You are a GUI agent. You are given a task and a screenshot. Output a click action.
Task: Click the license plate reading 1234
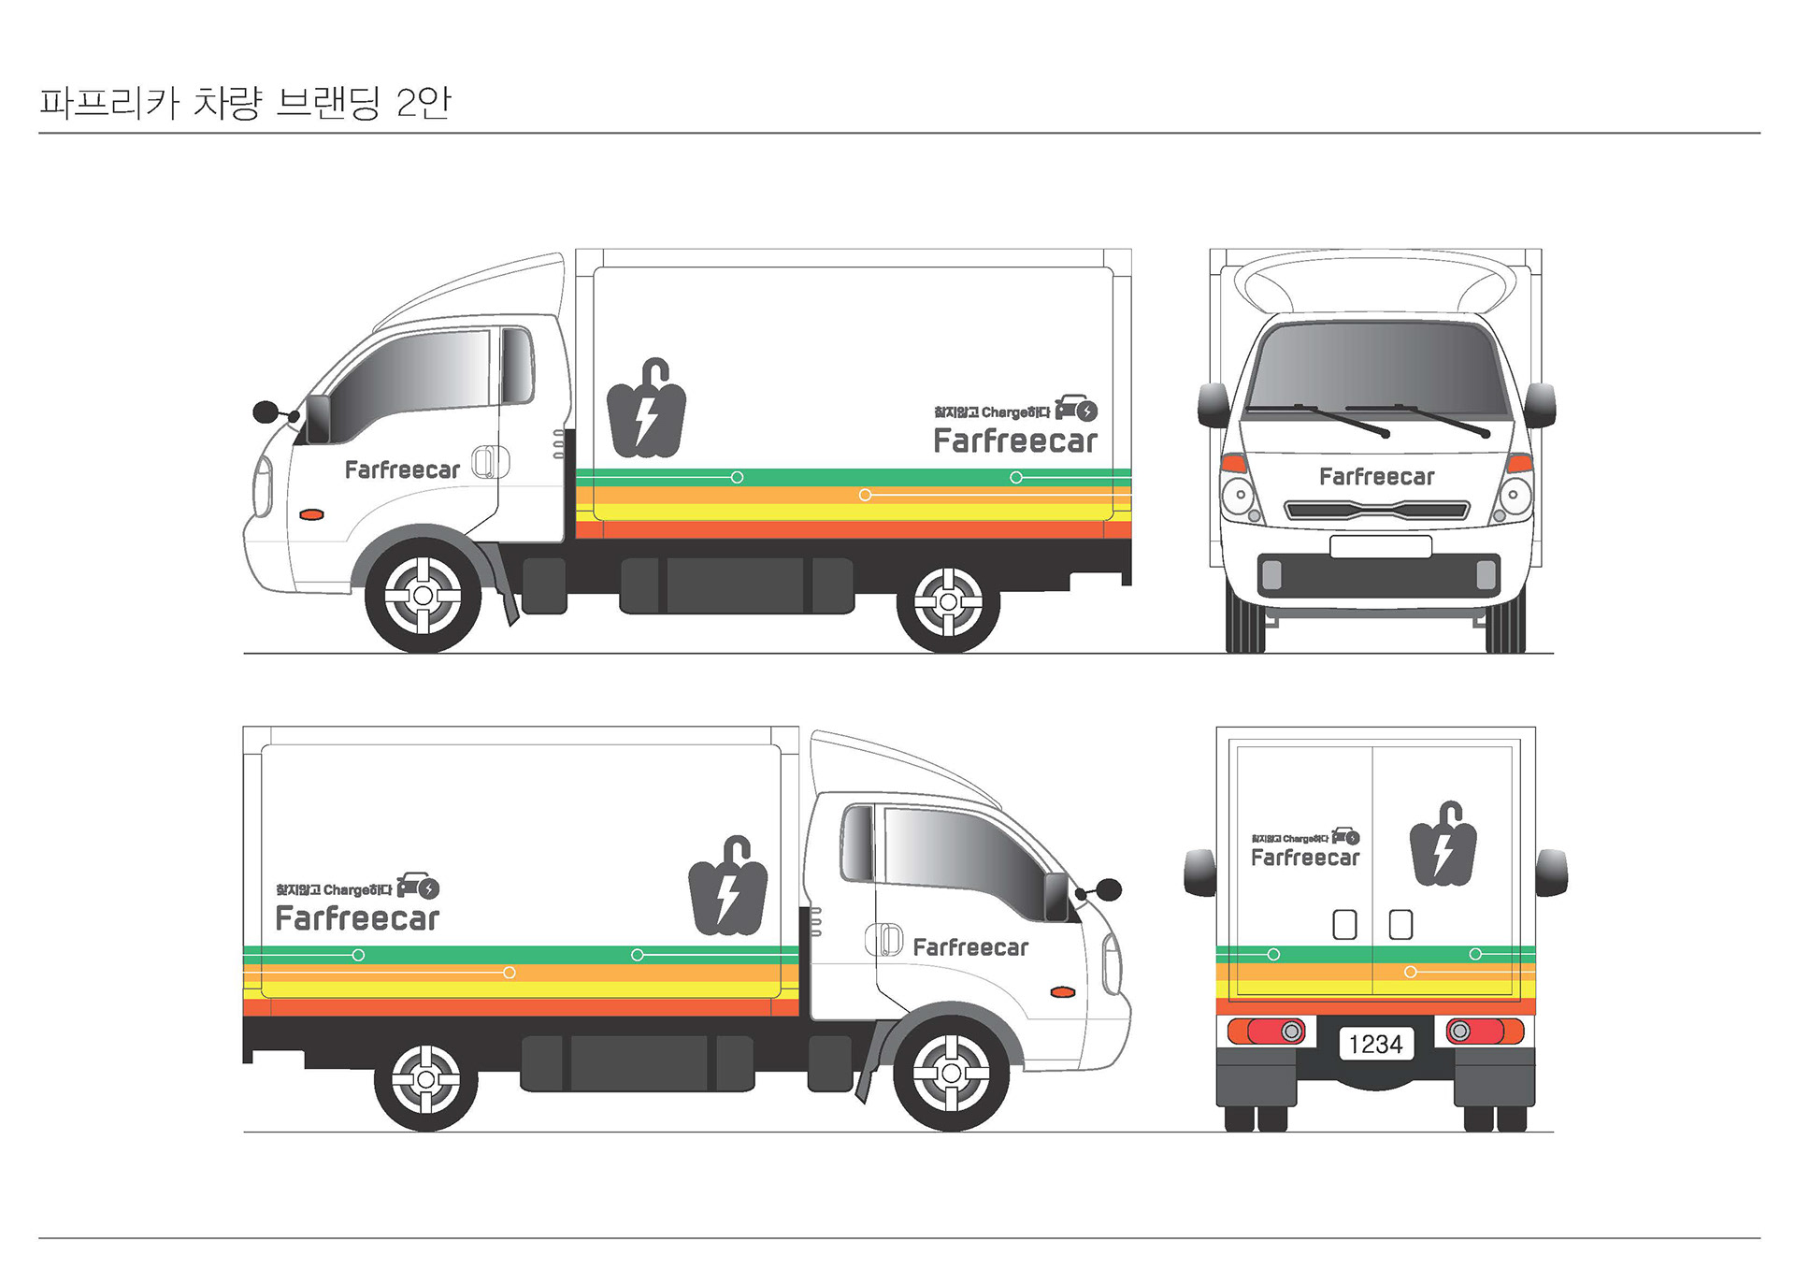click(x=1375, y=1044)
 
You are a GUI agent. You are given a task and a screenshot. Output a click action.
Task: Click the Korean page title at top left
click(x=245, y=103)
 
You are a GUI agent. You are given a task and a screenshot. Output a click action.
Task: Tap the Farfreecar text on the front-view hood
click(x=1376, y=477)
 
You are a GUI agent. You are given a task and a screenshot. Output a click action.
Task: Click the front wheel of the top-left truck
click(x=423, y=595)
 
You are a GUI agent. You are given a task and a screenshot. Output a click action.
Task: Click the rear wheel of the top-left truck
click(x=948, y=601)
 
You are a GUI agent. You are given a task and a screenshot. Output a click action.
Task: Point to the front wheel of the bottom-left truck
click(x=951, y=1073)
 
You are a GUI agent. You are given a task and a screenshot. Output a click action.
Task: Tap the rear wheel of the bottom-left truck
click(x=425, y=1079)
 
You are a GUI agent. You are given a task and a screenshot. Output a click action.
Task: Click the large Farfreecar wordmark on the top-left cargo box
click(x=1015, y=441)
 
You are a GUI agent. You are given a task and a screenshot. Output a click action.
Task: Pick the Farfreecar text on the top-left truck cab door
click(x=402, y=470)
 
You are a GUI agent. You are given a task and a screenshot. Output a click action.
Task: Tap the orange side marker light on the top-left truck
click(x=311, y=514)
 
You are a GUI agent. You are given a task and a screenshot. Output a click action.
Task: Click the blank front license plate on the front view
click(x=1380, y=547)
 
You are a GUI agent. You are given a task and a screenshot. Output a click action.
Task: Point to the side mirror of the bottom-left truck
click(x=1107, y=888)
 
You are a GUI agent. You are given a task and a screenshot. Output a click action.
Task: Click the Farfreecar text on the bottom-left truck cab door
click(x=970, y=948)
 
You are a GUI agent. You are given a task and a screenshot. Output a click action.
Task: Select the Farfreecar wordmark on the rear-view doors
click(x=1305, y=858)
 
